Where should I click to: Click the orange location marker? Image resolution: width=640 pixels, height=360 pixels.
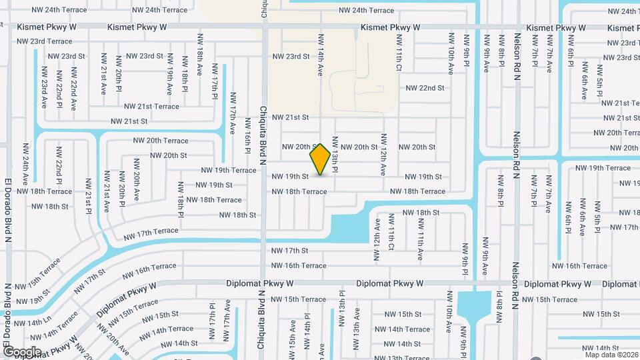point(320,159)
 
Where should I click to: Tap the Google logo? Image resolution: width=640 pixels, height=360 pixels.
point(22,351)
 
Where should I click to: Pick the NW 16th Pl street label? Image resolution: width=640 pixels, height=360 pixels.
point(247,141)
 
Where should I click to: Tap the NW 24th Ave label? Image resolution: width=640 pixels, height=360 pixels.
point(25,163)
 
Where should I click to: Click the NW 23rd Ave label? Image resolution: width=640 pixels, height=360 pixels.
point(45,87)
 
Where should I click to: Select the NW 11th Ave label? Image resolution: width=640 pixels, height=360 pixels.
point(420,245)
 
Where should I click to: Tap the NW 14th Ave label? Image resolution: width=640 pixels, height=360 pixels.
point(321,55)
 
